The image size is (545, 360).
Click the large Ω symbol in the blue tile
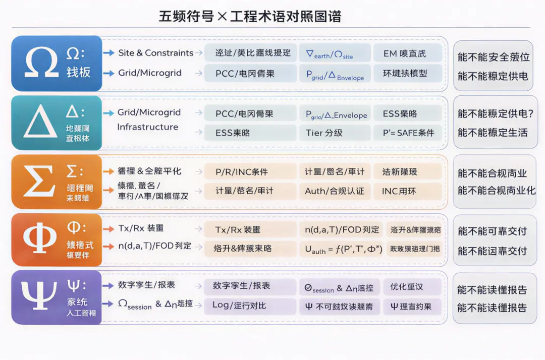41,63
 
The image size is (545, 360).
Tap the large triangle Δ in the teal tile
40,122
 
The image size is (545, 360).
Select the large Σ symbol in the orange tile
39,182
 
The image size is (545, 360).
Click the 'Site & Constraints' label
155,53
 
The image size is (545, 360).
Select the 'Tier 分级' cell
324,133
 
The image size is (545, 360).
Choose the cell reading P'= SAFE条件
408,133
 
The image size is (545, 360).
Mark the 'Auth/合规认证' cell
334,191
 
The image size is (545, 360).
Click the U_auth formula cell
343,249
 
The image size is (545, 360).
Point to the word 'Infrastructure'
147,127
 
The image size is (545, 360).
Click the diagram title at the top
250,17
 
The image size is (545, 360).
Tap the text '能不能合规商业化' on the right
496,191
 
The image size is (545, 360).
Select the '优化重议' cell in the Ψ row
407,286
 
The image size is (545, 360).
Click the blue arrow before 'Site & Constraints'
108,53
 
